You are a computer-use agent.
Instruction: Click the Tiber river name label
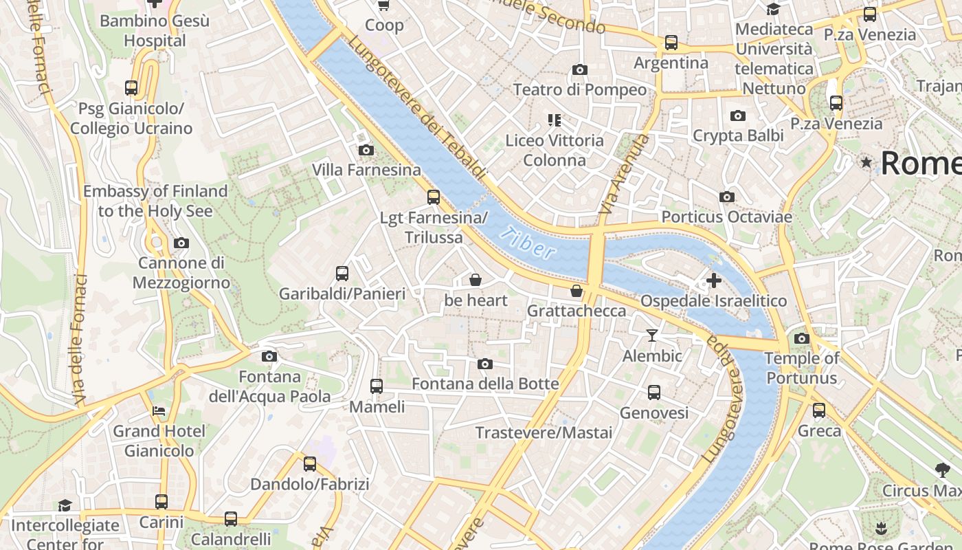[528, 243]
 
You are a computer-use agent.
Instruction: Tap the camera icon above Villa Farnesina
[366, 150]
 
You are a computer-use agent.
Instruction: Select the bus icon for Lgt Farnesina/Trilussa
[434, 197]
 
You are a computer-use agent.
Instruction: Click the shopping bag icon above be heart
[475, 280]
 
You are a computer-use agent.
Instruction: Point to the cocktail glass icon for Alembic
[652, 335]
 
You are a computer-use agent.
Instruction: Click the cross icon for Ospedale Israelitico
[714, 280]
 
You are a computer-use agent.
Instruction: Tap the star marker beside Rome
[866, 163]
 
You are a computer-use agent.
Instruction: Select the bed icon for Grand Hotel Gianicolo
[159, 411]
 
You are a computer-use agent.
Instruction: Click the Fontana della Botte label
[485, 384]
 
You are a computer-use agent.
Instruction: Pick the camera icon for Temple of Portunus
[802, 338]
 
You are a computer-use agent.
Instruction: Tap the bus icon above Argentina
[671, 43]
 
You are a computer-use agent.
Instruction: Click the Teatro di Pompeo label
[580, 90]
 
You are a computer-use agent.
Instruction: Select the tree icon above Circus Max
[943, 470]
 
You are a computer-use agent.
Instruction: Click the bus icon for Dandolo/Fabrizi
[310, 463]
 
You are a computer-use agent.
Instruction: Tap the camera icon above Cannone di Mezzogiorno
[181, 243]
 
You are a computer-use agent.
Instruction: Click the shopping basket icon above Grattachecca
[577, 291]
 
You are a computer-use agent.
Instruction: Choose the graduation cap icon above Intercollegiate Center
[65, 505]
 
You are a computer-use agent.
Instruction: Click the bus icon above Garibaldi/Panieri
[342, 274]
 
